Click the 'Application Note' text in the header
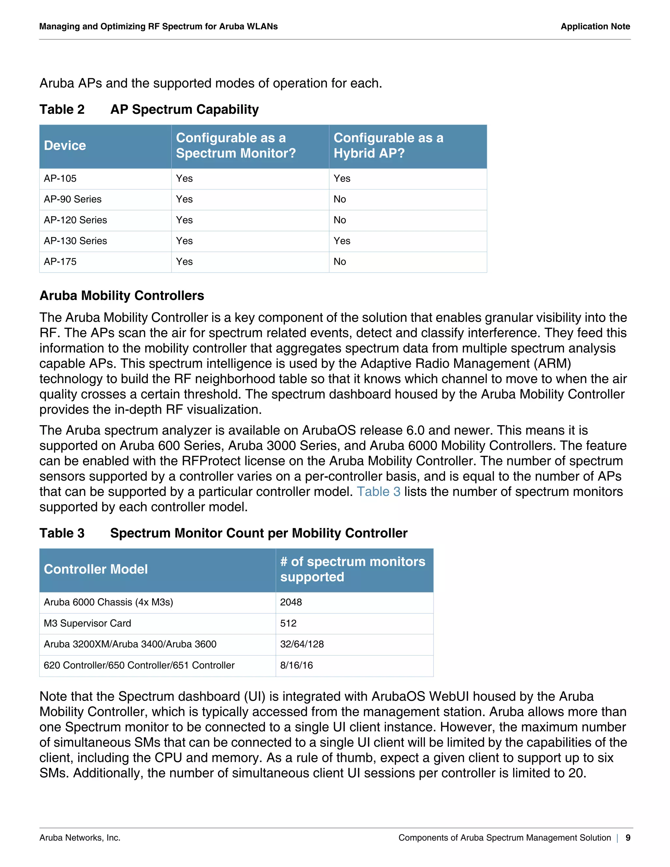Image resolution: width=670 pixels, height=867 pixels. pos(595,27)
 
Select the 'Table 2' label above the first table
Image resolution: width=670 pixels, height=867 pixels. pos(62,109)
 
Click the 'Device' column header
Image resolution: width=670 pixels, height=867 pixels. pos(65,146)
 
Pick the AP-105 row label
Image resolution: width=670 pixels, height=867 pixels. pos(60,179)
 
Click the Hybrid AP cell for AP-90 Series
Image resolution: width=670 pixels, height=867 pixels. pos(340,199)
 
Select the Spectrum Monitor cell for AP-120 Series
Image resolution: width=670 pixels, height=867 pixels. pos(184,220)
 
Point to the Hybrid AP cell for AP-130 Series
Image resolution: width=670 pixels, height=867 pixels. pos(342,241)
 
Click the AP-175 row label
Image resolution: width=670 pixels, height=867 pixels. pos(60,262)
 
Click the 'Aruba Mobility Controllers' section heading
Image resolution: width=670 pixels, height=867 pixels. pos(121,296)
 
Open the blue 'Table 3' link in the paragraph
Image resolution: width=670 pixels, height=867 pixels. pos(378,491)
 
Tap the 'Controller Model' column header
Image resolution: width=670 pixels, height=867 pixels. pos(96,569)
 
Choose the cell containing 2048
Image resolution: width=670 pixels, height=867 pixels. pos(291,602)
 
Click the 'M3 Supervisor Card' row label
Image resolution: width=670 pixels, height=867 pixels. pos(87,623)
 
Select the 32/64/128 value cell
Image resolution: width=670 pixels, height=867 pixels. pos(302,644)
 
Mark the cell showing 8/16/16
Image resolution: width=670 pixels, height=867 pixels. pos(296,665)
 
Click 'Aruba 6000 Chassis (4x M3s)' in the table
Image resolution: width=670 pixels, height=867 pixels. pos(108,602)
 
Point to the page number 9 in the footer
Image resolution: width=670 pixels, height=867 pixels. pos(627,838)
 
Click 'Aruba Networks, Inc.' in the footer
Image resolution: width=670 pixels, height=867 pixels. pos(80,838)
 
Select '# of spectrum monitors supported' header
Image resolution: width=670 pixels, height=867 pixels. pos(352,569)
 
